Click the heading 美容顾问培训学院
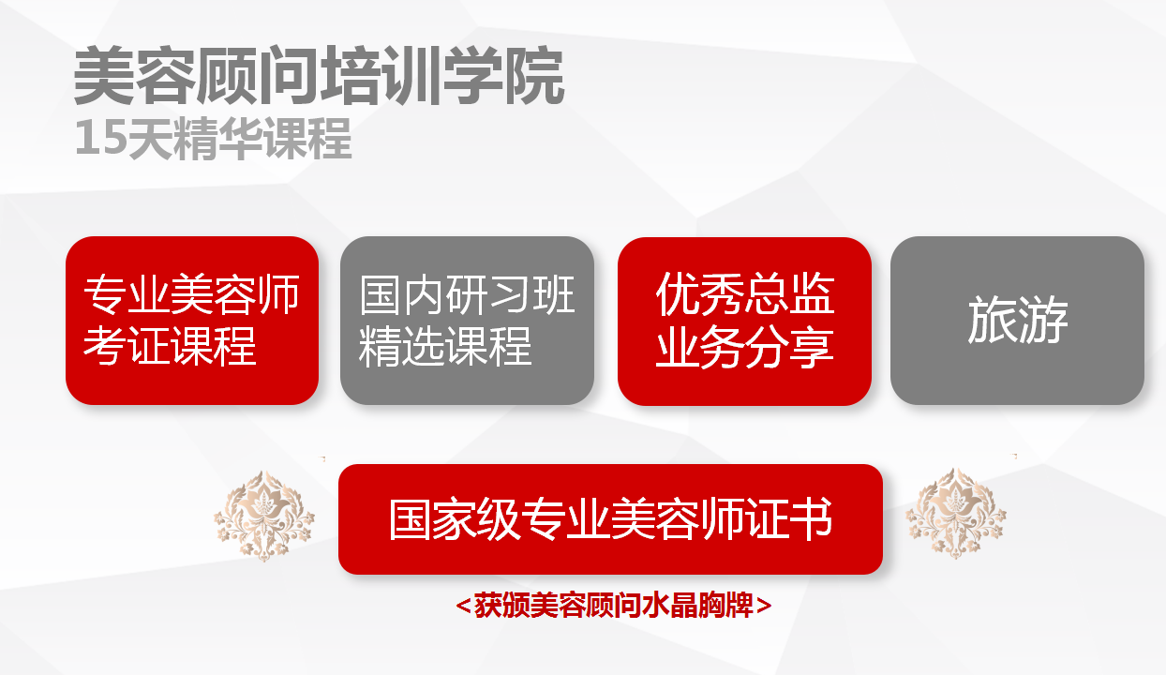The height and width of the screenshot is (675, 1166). [319, 76]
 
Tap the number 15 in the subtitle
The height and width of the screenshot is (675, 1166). [101, 137]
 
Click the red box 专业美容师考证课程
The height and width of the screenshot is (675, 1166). [192, 321]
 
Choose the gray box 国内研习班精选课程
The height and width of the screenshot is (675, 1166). [467, 321]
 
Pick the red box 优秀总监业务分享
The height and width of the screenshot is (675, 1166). [744, 321]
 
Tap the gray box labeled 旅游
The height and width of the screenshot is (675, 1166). [1017, 321]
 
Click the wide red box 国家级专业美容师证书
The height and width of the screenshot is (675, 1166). [610, 519]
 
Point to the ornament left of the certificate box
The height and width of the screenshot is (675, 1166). [264, 517]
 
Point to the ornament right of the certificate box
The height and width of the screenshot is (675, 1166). [956, 514]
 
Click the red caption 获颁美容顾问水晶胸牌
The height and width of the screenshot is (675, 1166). [614, 605]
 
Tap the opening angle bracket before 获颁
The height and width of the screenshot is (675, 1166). [463, 606]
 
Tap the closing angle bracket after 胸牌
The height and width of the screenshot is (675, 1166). [764, 606]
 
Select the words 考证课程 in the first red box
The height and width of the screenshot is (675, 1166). [170, 346]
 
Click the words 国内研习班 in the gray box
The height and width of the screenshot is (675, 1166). [467, 294]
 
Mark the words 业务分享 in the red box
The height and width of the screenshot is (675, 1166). [745, 348]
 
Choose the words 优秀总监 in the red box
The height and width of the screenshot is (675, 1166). [745, 293]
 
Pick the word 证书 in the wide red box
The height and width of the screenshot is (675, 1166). [789, 519]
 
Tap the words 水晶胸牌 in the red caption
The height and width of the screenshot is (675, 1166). [697, 605]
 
